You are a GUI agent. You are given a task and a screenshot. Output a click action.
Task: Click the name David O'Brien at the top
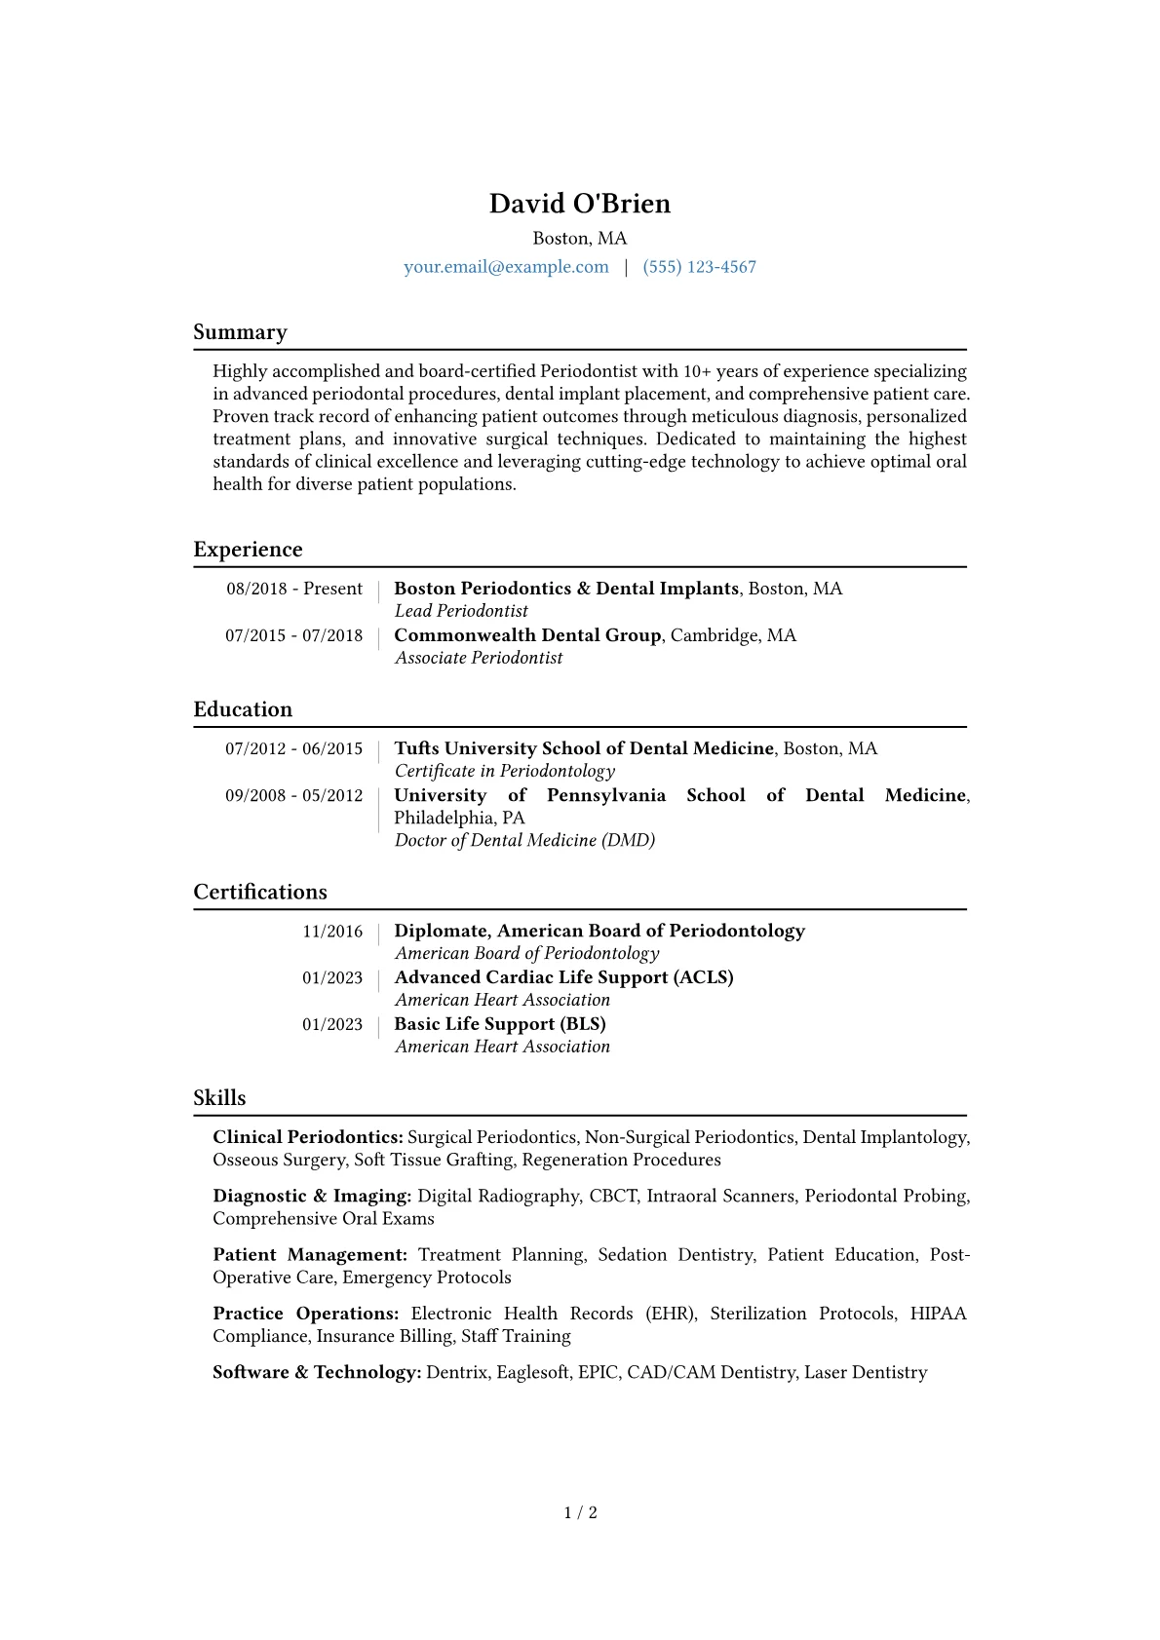point(579,204)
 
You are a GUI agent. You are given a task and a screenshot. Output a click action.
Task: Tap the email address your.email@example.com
point(506,267)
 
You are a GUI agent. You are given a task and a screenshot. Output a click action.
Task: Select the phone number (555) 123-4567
point(699,267)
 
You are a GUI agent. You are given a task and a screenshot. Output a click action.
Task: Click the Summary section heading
point(240,332)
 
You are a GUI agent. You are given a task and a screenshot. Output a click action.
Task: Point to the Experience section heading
point(248,550)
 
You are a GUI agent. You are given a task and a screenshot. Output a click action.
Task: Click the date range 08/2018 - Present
point(294,589)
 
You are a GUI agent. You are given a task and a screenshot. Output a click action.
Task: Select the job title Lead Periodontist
point(461,611)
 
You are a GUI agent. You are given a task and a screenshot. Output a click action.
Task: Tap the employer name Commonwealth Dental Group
point(527,635)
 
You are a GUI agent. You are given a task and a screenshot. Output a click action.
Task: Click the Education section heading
point(243,709)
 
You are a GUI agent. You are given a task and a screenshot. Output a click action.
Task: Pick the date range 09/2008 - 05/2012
point(294,795)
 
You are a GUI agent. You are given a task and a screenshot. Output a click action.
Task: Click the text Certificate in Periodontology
point(505,771)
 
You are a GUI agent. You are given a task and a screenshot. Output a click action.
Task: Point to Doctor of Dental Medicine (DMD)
point(524,840)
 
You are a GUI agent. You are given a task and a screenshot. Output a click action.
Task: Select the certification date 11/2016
point(332,932)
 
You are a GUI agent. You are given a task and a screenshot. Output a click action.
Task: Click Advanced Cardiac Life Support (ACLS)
point(563,977)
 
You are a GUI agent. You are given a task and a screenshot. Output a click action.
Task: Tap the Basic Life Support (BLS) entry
point(500,1024)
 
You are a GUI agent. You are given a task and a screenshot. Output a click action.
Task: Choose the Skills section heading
point(219,1098)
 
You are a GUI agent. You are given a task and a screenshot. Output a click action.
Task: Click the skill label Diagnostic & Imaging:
point(312,1196)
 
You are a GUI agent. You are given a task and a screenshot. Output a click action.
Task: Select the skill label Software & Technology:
point(317,1372)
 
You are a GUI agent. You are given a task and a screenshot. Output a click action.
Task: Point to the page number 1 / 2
point(580,1512)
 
